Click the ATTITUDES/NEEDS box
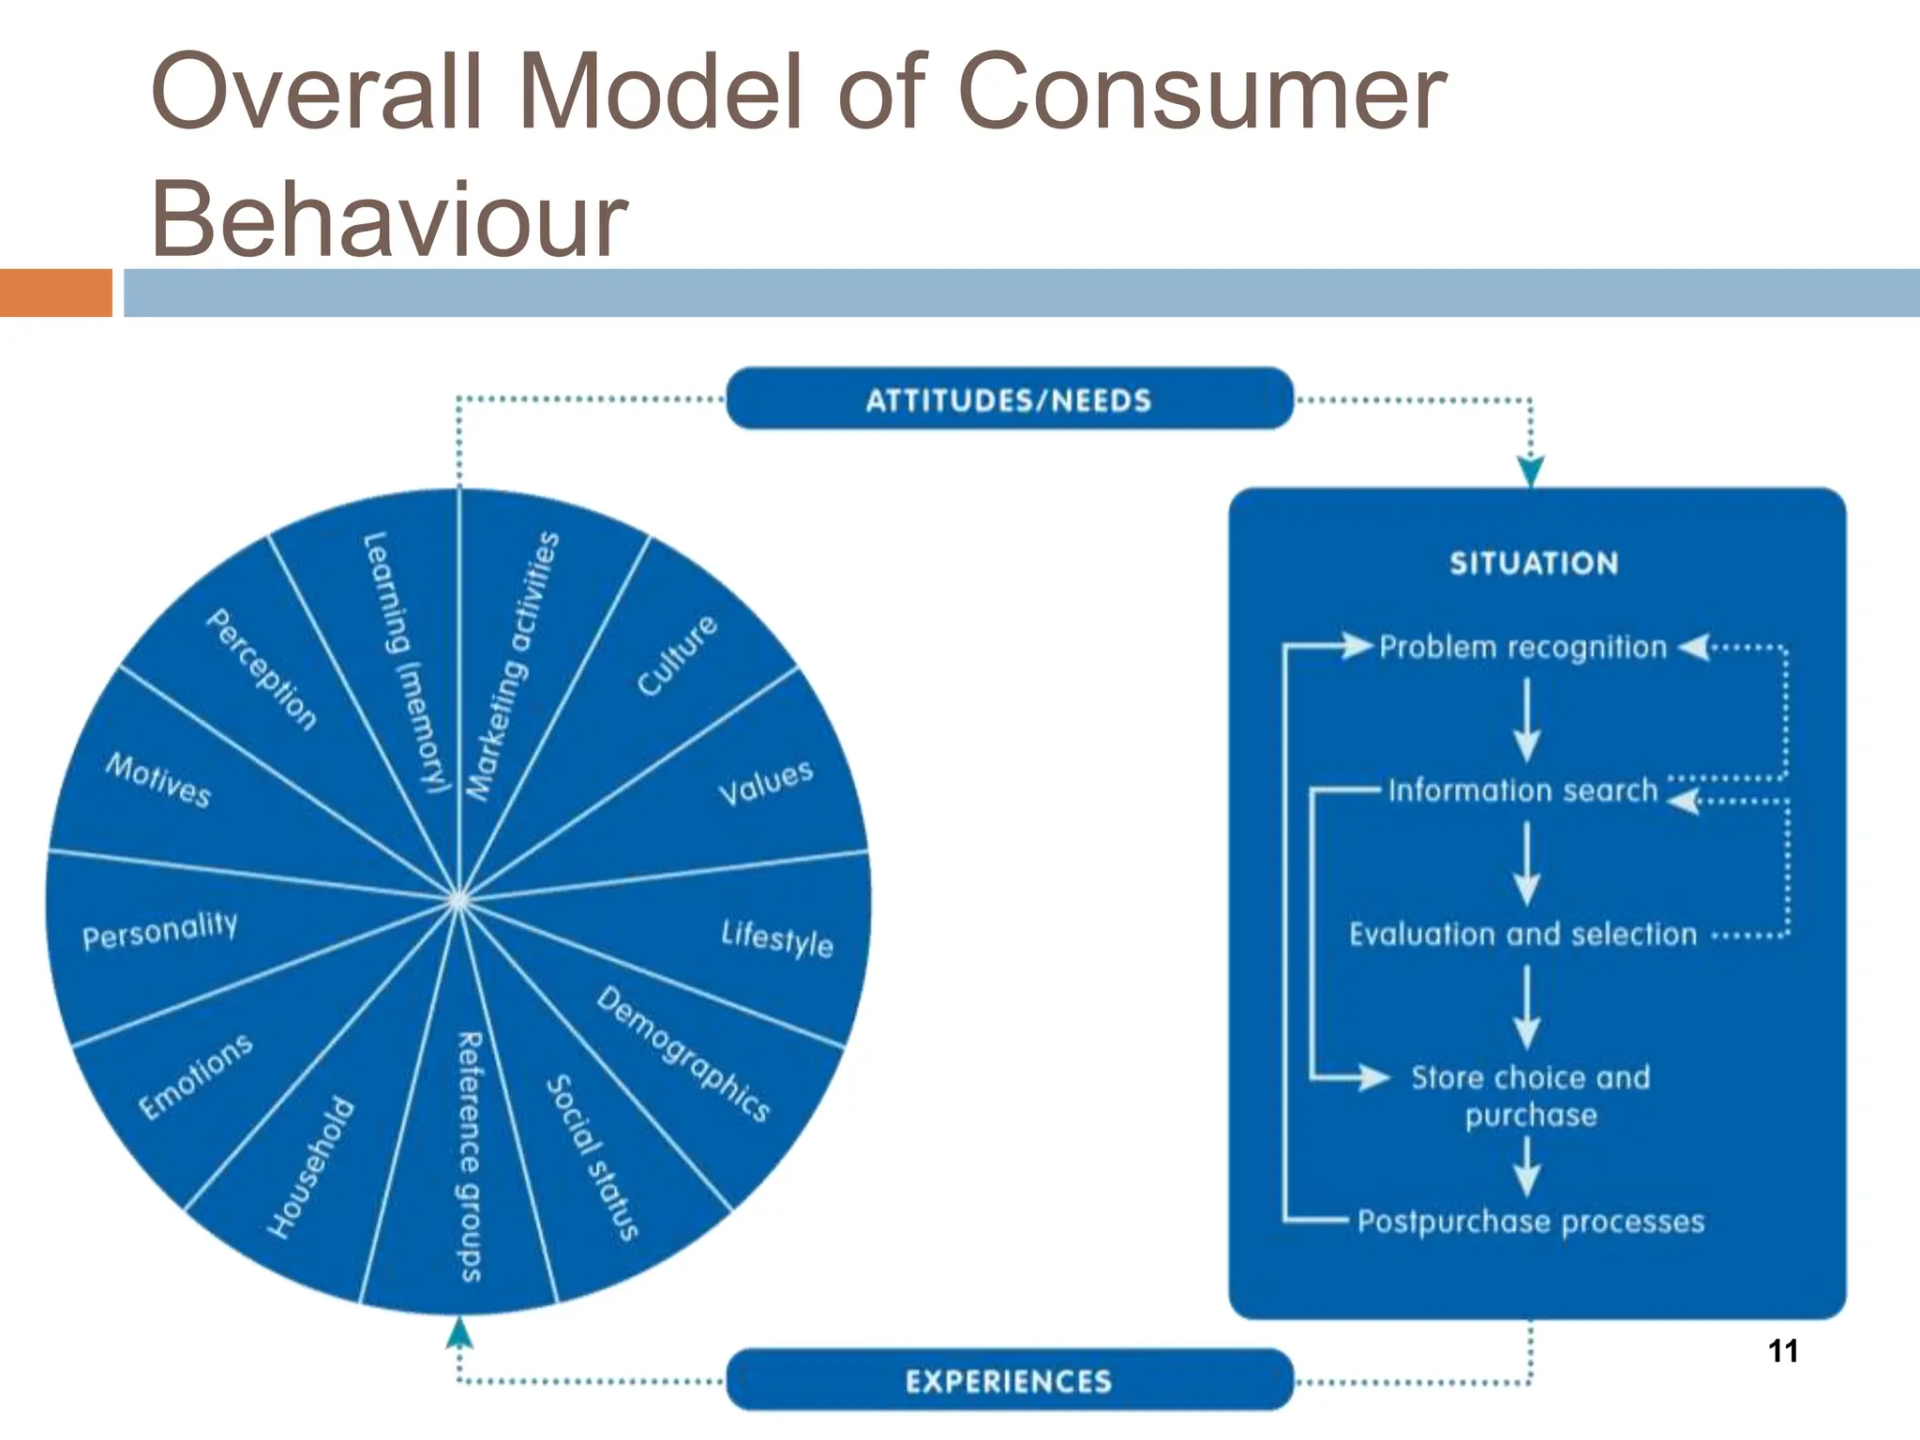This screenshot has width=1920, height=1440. pos(1009,399)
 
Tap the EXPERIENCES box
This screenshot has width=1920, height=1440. pos(1009,1380)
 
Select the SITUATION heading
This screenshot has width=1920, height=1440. pos(1534,563)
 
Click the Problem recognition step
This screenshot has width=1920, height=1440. pos(1522,647)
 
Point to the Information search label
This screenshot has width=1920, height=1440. pos(1522,790)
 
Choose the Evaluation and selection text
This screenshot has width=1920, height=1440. pos(1522,934)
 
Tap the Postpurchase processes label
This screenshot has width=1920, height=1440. pos(1530,1221)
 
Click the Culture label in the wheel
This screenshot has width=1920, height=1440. pos(677,656)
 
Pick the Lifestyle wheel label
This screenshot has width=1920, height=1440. pos(777,937)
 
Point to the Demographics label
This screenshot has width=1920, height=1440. pos(683,1053)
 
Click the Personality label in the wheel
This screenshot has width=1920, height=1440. pos(160,930)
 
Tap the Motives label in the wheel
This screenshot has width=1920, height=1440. pos(158,780)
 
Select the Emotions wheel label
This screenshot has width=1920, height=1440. pos(196,1076)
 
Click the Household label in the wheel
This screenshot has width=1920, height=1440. pos(311,1167)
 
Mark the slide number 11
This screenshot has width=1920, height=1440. pos(1782,1351)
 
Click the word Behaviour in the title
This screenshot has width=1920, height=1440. pos(388,218)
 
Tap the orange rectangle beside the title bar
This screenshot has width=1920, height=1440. pos(55,292)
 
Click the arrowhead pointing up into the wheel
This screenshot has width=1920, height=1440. pos(458,1332)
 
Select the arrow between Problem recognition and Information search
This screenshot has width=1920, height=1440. pos(1527,720)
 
